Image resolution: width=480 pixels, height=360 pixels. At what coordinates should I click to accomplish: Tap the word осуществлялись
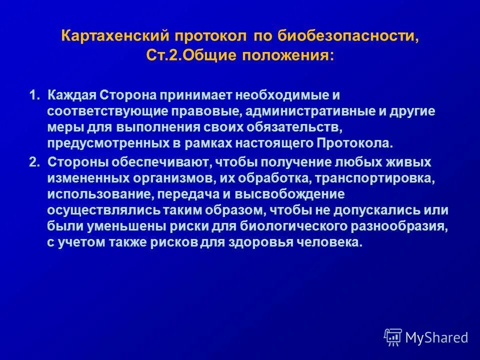coord(99,210)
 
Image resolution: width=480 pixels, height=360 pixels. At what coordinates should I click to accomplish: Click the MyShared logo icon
coord(393,337)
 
